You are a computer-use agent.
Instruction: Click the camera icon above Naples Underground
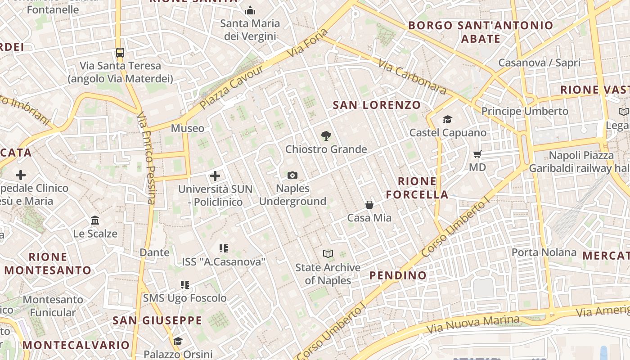click(292, 175)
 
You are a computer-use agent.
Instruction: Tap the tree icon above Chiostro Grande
click(326, 136)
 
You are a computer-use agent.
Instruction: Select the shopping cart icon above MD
click(477, 154)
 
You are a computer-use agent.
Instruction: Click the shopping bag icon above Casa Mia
click(369, 205)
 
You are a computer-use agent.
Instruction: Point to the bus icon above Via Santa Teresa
click(120, 52)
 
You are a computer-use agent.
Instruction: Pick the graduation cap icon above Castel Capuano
click(447, 119)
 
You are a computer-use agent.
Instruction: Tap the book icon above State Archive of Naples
click(328, 254)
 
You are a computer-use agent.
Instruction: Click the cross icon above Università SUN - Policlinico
click(215, 176)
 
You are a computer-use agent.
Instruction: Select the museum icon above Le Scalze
click(95, 220)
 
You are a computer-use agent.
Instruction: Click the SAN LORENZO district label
click(377, 105)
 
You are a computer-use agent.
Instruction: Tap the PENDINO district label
click(398, 275)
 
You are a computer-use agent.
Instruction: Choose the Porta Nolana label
click(544, 252)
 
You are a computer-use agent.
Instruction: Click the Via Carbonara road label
click(412, 77)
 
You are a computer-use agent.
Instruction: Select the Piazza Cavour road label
click(232, 87)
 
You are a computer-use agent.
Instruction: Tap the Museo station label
click(187, 128)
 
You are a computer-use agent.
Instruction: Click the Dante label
click(154, 252)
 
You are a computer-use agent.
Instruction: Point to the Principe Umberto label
click(525, 111)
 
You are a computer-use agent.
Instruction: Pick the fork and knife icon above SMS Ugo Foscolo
click(185, 285)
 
